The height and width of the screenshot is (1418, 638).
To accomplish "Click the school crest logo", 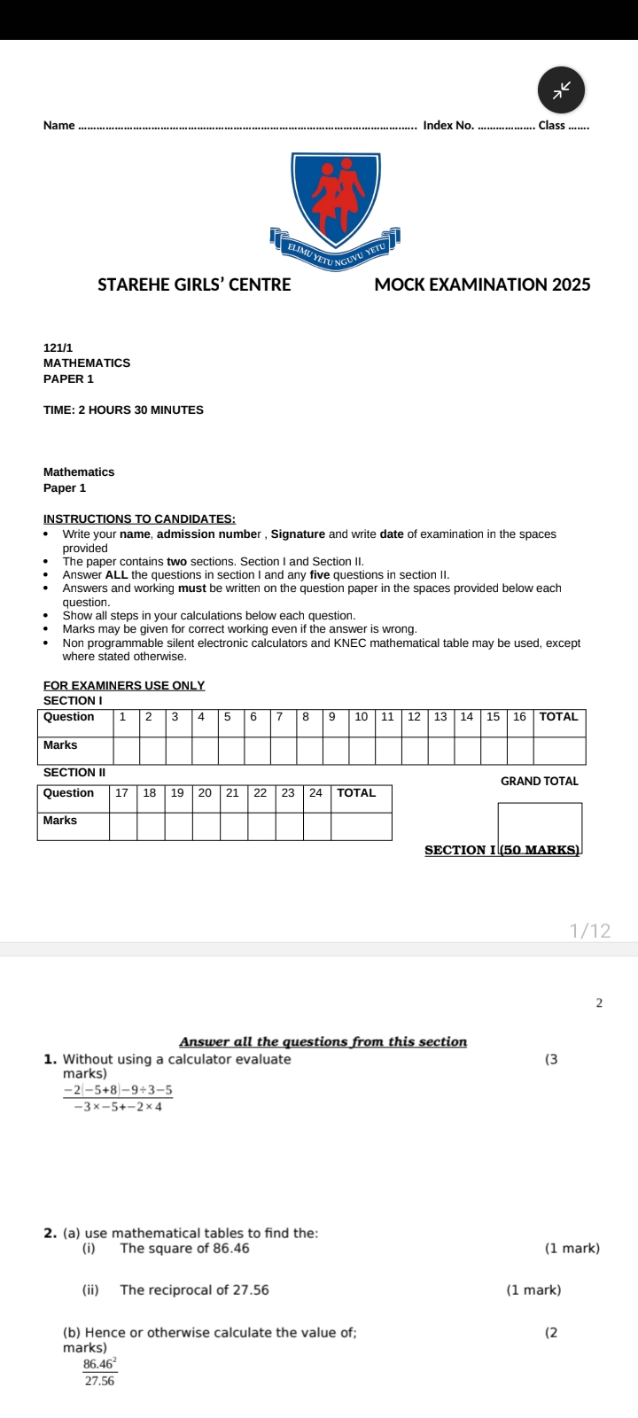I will tap(336, 203).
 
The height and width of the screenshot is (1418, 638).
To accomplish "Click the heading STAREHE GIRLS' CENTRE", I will tap(194, 284).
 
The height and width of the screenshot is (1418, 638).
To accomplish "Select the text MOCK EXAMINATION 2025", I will tap(482, 284).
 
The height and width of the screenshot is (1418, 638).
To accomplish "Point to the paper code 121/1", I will tap(58, 348).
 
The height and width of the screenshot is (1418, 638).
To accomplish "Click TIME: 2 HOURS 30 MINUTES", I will tap(123, 410).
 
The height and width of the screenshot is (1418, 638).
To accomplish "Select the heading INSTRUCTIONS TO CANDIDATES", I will tap(139, 519).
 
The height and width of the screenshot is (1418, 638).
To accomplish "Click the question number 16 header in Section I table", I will tap(519, 717).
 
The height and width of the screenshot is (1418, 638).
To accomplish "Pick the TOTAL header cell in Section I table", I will tap(558, 717).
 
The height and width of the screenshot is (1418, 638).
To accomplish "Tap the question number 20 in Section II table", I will tap(205, 793).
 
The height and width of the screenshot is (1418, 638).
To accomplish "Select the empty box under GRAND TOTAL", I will tap(540, 824).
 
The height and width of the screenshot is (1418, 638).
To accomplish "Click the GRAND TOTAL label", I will tap(539, 782).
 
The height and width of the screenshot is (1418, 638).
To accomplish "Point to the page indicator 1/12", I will tap(590, 931).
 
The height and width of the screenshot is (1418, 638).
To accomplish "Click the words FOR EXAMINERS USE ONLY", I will tap(124, 686).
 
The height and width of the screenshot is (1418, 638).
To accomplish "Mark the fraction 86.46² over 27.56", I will tap(100, 1372).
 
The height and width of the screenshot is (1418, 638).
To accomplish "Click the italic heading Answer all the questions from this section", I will tap(323, 1042).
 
